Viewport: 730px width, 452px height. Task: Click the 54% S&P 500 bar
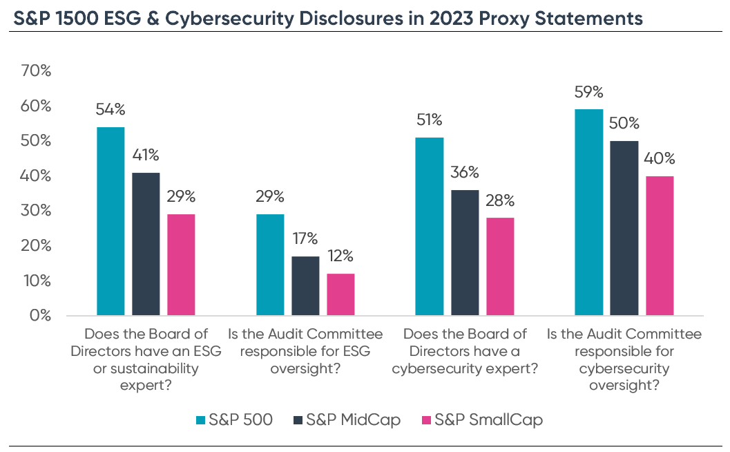[x=111, y=221]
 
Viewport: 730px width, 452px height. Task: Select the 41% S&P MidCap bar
[x=146, y=244]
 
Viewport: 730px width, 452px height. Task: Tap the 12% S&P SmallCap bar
[x=340, y=294]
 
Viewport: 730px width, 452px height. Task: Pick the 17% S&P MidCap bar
[x=305, y=285]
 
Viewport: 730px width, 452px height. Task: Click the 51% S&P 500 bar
[x=430, y=226]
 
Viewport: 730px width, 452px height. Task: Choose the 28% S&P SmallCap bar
[x=500, y=267]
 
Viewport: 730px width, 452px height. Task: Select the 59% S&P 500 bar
[x=589, y=212]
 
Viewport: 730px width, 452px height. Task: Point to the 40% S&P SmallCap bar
[x=660, y=245]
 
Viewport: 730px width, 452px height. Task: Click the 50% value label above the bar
[x=624, y=124]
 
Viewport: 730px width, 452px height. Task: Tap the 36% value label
[x=465, y=173]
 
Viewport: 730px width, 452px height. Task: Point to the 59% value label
[x=589, y=92]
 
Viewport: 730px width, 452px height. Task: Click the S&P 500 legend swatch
[x=199, y=420]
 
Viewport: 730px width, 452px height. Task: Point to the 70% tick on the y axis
[x=36, y=70]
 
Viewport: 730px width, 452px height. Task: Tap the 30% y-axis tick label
[x=36, y=211]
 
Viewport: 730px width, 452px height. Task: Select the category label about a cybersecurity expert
[x=465, y=351]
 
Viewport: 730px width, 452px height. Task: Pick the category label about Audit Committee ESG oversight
[x=305, y=351]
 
